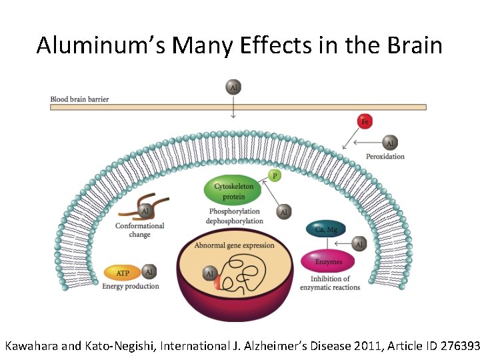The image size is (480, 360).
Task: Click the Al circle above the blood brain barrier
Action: coord(233,87)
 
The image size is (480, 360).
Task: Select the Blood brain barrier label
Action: coord(79,99)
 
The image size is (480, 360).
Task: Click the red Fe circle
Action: coord(365,121)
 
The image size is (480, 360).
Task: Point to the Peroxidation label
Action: coord(385,157)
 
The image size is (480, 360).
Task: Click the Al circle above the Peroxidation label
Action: coord(390,143)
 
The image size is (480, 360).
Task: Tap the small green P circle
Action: coord(274,176)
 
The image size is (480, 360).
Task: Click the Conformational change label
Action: coord(139,230)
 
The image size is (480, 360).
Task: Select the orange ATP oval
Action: coord(123,273)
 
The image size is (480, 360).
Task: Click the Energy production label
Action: coord(131,286)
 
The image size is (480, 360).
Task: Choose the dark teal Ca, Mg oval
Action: coord(326,230)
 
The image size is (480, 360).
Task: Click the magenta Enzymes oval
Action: coord(327,261)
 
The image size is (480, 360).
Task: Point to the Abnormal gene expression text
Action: coord(234,245)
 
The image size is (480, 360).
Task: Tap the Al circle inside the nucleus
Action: coord(209,274)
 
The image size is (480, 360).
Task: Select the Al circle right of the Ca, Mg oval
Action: coord(359,245)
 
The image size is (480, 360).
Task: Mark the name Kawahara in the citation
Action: coord(31,346)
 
